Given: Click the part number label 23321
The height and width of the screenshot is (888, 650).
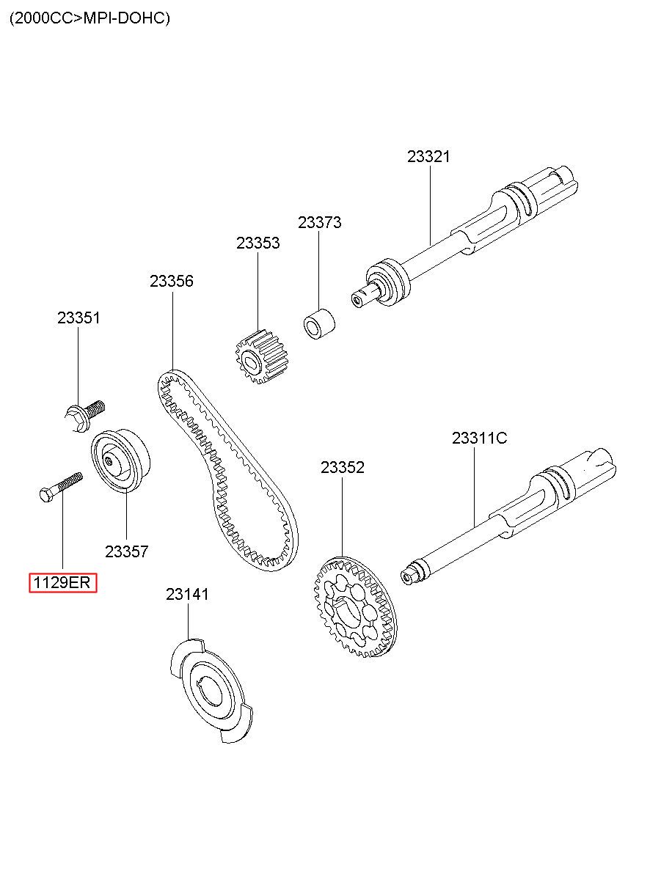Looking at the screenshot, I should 428,156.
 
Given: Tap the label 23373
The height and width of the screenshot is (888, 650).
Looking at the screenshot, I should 319,222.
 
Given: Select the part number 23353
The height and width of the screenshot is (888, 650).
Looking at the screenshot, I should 258,243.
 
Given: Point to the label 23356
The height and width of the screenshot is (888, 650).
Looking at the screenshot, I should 172,281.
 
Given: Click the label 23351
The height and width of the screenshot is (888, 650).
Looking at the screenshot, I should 78,318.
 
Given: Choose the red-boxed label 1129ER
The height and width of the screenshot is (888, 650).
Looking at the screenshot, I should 62,583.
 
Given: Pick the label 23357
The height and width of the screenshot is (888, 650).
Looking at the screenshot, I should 126,551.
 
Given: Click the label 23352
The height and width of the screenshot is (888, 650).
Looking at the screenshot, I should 342,467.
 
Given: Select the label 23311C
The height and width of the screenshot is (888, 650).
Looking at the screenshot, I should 479,438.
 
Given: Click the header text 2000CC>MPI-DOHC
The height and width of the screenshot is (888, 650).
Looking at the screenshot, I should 90,18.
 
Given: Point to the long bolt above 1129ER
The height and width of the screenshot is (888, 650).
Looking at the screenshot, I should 60,487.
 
